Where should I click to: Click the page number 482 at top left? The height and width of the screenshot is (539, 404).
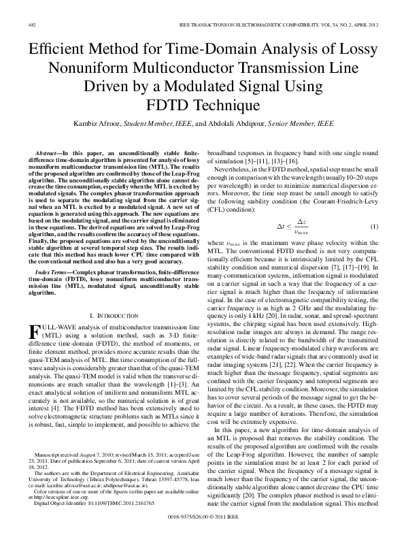(31, 24)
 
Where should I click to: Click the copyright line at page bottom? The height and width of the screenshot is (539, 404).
(202, 517)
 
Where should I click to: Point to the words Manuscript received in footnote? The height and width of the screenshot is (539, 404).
(65, 453)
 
